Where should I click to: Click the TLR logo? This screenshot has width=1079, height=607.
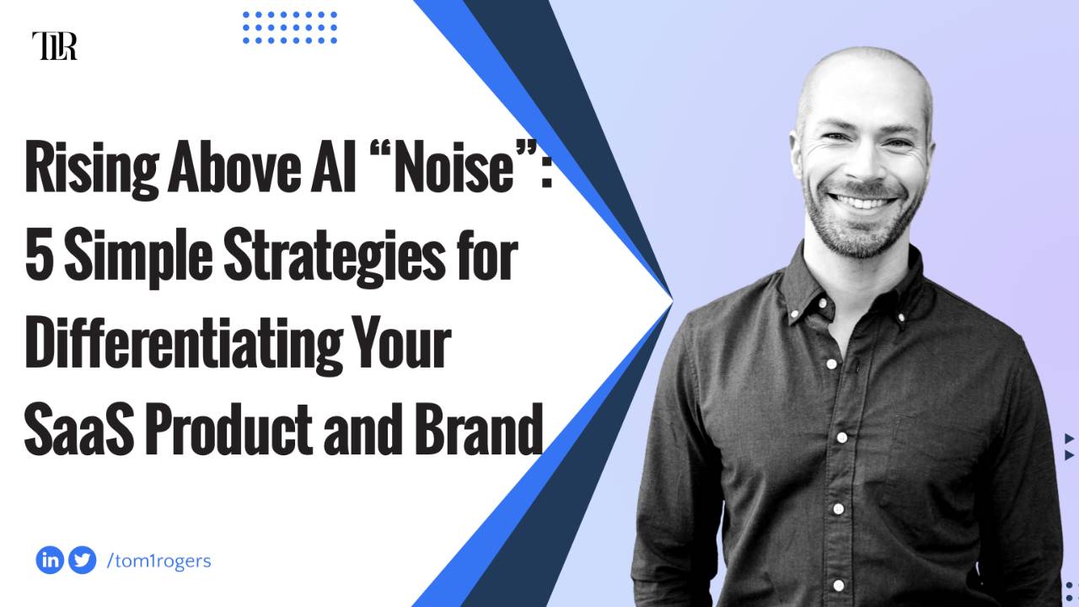pyautogui.click(x=54, y=46)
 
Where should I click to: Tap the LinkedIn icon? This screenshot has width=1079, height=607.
pyautogui.click(x=50, y=560)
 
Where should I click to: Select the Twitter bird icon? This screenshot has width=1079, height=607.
pyautogui.click(x=82, y=560)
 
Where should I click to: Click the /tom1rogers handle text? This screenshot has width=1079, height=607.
pyautogui.click(x=159, y=561)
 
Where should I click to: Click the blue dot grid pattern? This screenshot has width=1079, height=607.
pyautogui.click(x=290, y=28)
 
